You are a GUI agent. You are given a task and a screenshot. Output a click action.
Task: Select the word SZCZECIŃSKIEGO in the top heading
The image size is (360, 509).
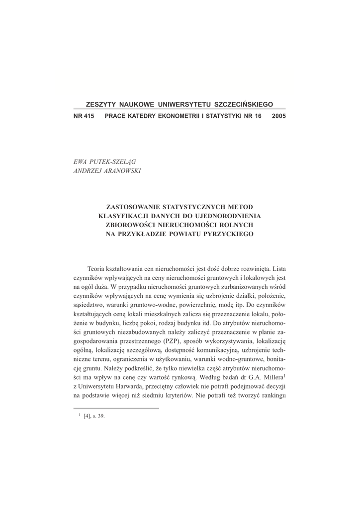click(x=243, y=105)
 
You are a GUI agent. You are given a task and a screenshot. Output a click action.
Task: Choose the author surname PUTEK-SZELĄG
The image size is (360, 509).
click(x=113, y=162)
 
